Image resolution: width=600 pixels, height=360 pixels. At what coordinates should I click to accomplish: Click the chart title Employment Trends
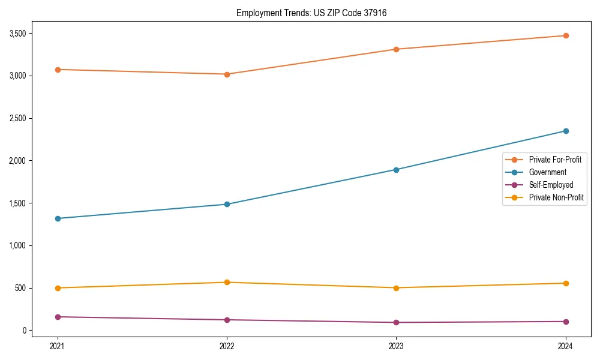307,13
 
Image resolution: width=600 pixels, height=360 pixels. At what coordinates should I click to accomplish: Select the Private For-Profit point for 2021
58,70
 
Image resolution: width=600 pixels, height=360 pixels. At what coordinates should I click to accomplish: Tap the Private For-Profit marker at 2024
565,35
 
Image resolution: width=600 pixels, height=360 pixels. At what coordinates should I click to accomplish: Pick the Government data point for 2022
227,204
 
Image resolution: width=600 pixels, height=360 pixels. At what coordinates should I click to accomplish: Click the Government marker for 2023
396,170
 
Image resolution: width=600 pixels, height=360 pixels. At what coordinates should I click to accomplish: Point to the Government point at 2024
565,131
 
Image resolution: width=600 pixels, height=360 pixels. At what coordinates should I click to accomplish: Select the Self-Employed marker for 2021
58,317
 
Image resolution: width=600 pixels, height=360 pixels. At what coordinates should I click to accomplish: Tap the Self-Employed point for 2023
396,322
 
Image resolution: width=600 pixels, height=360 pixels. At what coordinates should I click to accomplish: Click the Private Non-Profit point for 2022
227,282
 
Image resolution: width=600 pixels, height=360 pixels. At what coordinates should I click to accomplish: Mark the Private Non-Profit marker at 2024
565,283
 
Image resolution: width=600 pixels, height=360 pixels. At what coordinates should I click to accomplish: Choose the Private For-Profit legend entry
554,160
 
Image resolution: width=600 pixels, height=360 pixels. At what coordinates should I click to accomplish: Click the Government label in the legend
547,172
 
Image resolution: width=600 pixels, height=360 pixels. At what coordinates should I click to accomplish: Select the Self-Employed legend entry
551,185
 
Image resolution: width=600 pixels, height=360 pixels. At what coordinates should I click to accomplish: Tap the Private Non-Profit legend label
556,197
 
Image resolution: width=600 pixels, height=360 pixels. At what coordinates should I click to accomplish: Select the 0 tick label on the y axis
25,331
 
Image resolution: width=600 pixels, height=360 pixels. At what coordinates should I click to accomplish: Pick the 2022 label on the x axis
227,346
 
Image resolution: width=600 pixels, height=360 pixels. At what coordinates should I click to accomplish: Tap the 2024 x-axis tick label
565,346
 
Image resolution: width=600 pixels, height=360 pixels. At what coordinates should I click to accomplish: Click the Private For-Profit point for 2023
396,49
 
